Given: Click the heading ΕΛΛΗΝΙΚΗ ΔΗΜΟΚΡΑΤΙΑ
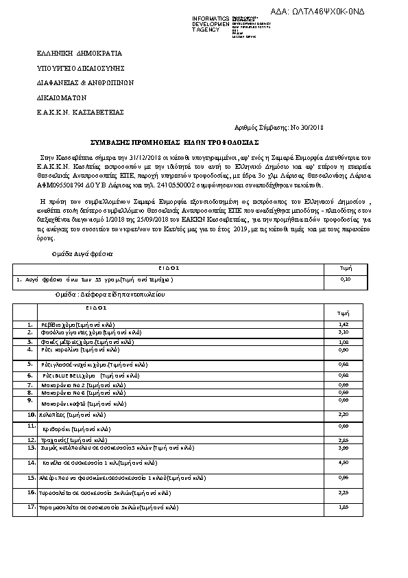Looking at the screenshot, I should tap(79, 52).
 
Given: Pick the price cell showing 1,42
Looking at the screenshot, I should tap(345, 324).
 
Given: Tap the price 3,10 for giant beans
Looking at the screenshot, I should tap(345, 332).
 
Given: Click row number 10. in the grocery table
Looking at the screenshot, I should tap(32, 415).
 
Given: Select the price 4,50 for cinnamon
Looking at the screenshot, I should tap(345, 462).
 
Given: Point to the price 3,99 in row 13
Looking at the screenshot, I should tap(345, 447).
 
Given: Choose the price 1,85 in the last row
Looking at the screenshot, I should tap(345, 507).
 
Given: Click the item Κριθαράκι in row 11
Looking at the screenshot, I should tap(76, 428).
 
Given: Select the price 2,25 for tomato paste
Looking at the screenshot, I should tap(345, 492).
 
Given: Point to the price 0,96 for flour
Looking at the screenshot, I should tap(345, 477).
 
